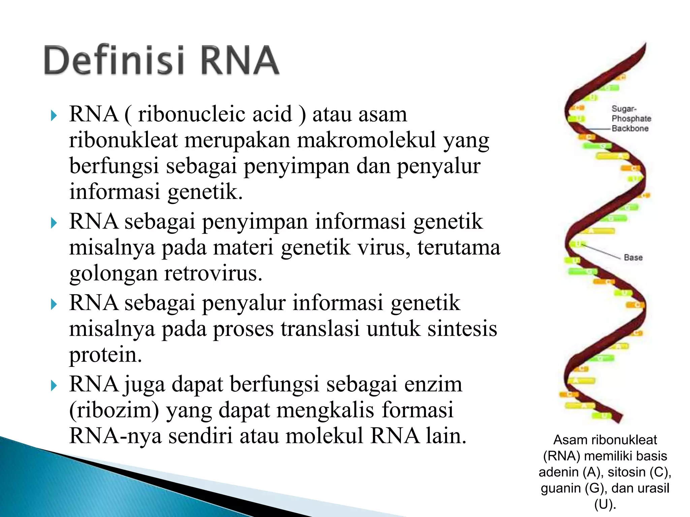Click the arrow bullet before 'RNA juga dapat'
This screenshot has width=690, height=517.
(x=54, y=385)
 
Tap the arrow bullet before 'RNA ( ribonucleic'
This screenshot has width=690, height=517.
(x=54, y=116)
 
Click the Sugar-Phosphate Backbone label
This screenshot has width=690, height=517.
(x=631, y=118)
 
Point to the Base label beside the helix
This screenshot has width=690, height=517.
(x=633, y=257)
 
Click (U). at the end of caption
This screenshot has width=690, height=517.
(x=605, y=504)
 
